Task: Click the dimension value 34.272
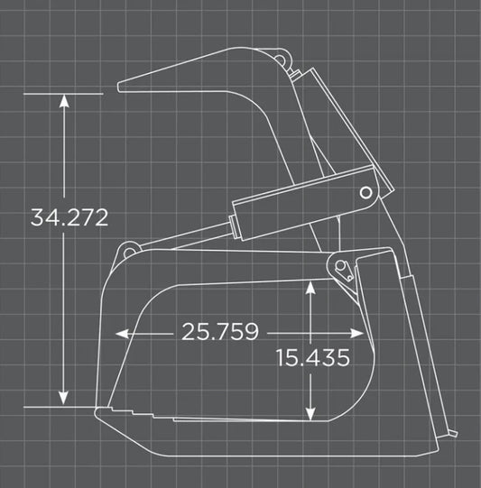point(69,217)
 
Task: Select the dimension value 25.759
point(220,332)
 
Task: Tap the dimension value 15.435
point(313,358)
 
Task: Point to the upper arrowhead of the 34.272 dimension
point(63,100)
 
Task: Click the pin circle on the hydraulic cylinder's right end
point(366,192)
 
